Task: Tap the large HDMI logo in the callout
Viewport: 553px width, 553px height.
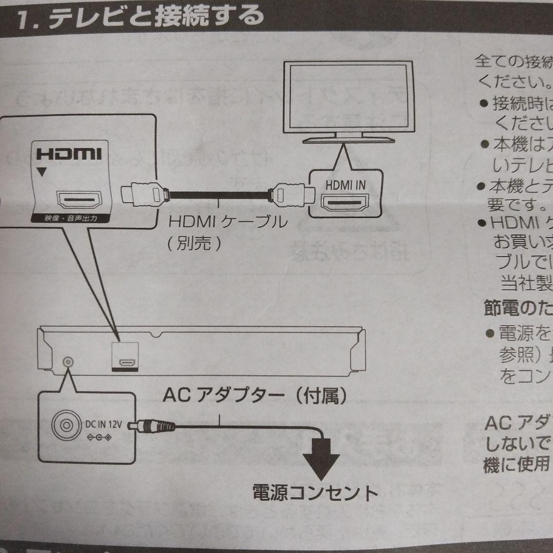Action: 69,154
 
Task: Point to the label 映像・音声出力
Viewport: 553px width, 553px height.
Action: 70,220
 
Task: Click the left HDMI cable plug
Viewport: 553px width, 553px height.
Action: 144,195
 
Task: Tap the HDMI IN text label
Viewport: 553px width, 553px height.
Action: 346,185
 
